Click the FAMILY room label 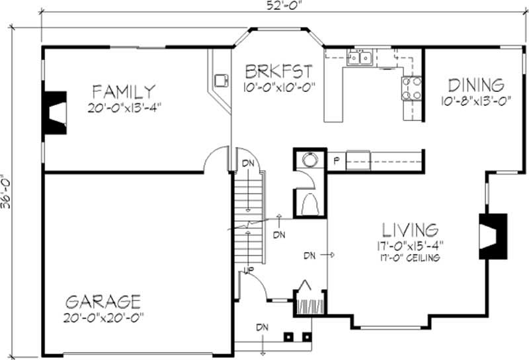pos(124,91)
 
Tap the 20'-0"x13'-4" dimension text pos(124,105)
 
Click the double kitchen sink pos(360,58)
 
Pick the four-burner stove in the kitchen pos(411,88)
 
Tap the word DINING pos(476,85)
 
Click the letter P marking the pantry pos(336,161)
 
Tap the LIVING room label pos(410,230)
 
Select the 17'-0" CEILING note pos(410,257)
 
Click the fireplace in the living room pos(492,236)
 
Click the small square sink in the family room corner pos(221,81)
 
